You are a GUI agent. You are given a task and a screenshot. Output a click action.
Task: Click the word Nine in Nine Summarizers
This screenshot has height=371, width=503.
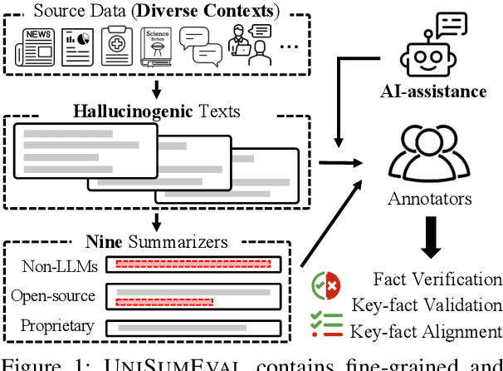(103, 243)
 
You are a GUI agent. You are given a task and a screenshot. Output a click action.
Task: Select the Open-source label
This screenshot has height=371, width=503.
(53, 295)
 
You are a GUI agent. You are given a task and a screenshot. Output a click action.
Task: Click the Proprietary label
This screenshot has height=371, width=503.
(56, 325)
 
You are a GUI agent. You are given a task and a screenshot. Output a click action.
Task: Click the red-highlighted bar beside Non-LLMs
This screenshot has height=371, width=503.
(193, 265)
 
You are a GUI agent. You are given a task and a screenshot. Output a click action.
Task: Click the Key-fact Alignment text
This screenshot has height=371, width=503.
(426, 330)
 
